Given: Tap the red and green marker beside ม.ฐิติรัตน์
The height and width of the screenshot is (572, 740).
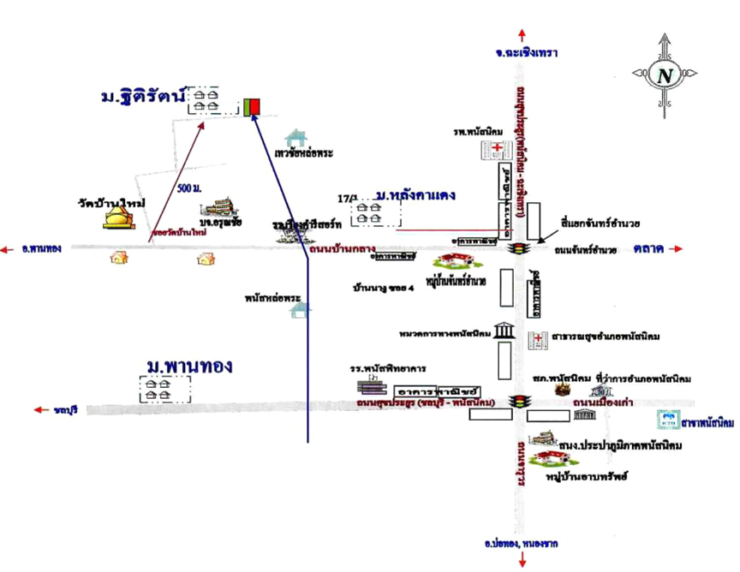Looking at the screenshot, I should click(253, 106).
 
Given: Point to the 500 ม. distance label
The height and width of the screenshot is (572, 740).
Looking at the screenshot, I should click(190, 188).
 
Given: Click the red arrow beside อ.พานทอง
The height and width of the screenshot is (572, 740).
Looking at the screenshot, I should click(7, 249).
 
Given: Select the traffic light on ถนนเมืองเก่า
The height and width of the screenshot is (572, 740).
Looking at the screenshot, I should click(516, 401).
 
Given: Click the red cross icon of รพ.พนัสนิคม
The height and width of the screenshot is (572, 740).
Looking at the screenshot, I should click(498, 150).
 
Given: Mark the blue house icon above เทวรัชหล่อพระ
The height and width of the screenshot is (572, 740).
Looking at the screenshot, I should click(296, 137).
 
